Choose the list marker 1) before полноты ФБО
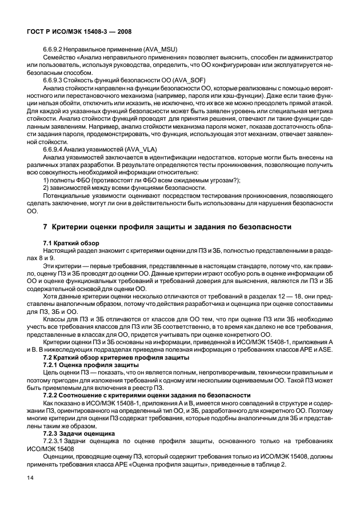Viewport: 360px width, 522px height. point(46,180)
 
